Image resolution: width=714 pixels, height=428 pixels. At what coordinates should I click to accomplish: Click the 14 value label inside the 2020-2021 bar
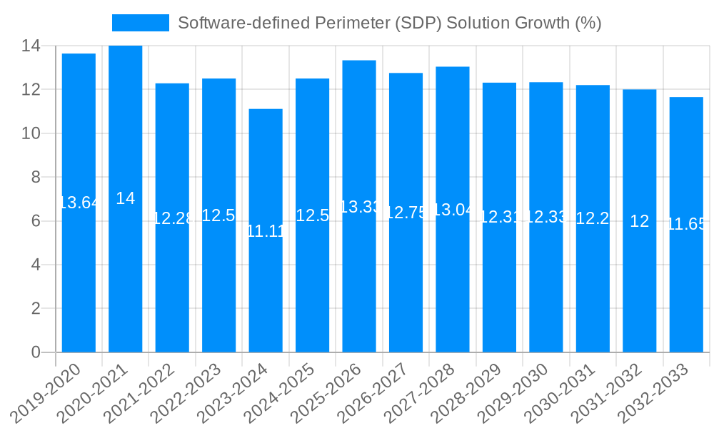click(x=126, y=199)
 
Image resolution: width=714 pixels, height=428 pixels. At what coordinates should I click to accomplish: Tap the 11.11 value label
click(x=266, y=231)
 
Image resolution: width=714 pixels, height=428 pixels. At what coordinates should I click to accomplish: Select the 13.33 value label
click(x=359, y=207)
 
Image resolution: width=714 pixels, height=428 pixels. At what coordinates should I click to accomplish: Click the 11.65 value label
click(x=686, y=225)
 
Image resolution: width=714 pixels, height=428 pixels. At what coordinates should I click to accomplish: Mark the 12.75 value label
click(x=406, y=213)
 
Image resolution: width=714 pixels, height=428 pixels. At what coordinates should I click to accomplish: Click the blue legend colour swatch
click(x=141, y=23)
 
